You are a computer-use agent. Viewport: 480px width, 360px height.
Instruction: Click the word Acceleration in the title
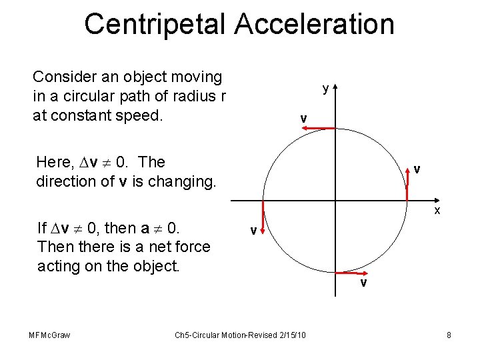point(313,24)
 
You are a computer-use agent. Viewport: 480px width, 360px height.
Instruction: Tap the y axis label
point(325,88)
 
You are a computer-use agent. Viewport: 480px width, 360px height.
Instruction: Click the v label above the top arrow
point(303,119)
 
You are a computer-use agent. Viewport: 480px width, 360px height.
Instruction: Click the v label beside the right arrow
point(416,169)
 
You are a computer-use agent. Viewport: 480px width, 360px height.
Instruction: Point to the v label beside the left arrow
point(253,231)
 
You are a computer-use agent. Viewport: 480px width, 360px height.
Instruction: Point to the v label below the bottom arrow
point(363,283)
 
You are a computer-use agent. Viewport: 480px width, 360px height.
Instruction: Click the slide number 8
point(449,335)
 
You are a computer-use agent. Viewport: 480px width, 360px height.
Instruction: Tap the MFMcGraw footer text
point(50,335)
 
